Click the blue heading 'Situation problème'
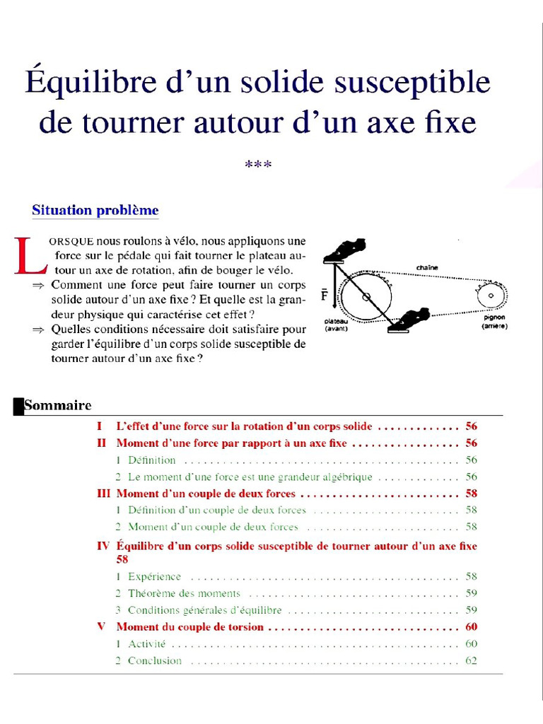pos(95,211)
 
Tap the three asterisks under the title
pos(258,165)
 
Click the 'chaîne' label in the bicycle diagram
pos(426,267)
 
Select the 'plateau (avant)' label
pos(337,325)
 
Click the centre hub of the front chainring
pos(366,297)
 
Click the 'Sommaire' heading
pos(58,406)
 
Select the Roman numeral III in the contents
pos(104,494)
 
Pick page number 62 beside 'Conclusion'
pos(472,661)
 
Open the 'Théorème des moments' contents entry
pos(184,594)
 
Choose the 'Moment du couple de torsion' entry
pos(189,627)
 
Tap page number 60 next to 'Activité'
pos(472,644)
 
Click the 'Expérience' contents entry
pos(154,577)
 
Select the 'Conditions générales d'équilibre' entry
pos(204,610)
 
